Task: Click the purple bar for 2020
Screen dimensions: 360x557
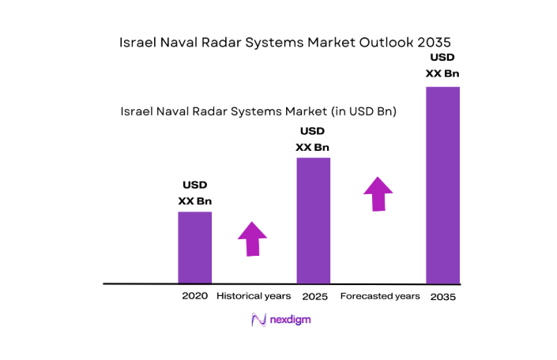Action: click(x=194, y=247)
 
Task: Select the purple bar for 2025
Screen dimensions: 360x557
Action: click(x=313, y=220)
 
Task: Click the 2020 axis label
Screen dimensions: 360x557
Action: click(x=194, y=296)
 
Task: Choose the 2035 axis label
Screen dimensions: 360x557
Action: click(x=442, y=297)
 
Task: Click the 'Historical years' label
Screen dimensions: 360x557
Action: click(x=254, y=296)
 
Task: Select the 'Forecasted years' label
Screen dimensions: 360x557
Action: click(x=379, y=296)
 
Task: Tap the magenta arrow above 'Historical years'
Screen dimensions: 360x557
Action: click(x=252, y=238)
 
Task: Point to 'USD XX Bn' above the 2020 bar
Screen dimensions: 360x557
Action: click(x=194, y=193)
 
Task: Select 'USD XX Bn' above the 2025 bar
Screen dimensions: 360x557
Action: click(x=313, y=139)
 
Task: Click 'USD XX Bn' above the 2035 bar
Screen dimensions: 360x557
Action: click(x=442, y=66)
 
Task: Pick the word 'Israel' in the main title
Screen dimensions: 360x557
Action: click(x=136, y=41)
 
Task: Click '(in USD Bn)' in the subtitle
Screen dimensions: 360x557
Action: click(x=363, y=112)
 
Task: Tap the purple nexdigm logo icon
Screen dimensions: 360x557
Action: click(x=258, y=320)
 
